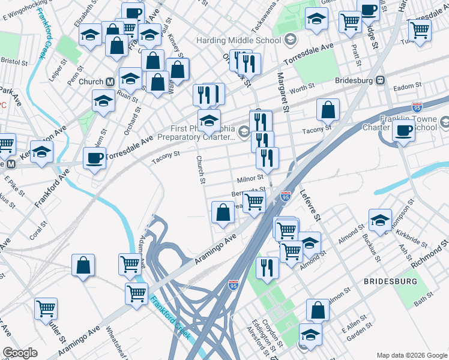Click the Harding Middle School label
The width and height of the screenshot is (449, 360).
click(238, 41)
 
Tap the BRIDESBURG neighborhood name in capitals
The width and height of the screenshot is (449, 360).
click(389, 281)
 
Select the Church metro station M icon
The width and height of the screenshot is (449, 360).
click(110, 82)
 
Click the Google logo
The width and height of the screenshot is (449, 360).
click(20, 353)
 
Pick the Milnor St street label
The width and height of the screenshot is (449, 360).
click(250, 178)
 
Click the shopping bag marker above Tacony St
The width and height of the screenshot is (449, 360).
click(328, 110)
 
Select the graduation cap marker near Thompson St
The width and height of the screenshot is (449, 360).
click(380, 220)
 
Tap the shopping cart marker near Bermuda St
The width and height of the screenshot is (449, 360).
click(255, 202)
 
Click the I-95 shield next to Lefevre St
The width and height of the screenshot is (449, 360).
click(286, 196)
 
